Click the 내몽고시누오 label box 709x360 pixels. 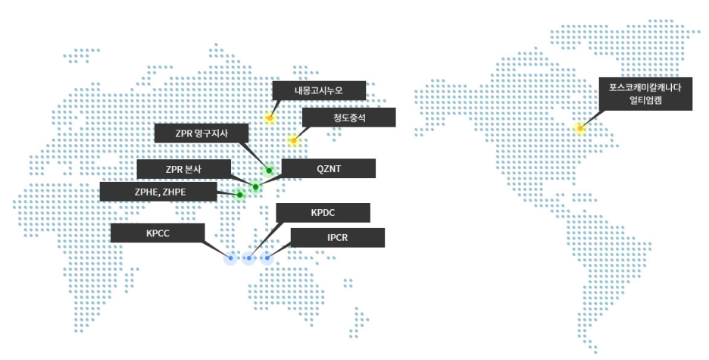point(319,90)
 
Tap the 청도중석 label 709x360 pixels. point(348,117)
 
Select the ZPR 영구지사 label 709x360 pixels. point(201,133)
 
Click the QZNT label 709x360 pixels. point(328,168)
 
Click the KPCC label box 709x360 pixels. point(158,233)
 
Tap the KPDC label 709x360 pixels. point(323,213)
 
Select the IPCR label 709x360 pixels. point(337,238)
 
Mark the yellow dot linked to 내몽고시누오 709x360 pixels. point(270,118)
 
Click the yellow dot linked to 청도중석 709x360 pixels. point(293,140)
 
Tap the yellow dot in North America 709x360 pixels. point(579,128)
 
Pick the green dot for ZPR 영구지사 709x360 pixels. point(269,171)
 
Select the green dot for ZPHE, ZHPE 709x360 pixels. point(239,195)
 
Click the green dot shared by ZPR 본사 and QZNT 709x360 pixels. point(255,186)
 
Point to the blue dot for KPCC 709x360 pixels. point(231,258)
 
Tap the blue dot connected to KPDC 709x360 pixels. point(248,258)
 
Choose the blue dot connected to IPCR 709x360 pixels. point(267,258)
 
